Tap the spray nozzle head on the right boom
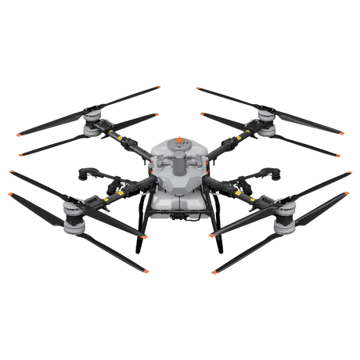point(270,174)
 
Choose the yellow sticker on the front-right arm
point(239,193)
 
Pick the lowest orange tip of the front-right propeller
point(213,272)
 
